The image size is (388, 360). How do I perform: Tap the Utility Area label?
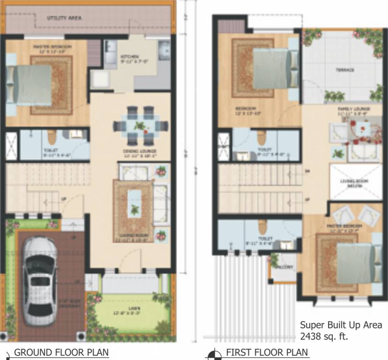tap(64, 18)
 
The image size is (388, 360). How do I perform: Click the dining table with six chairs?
tap(141, 126)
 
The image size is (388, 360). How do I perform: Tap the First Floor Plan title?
tap(267, 352)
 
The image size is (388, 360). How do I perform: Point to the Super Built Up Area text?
tap(341, 325)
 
